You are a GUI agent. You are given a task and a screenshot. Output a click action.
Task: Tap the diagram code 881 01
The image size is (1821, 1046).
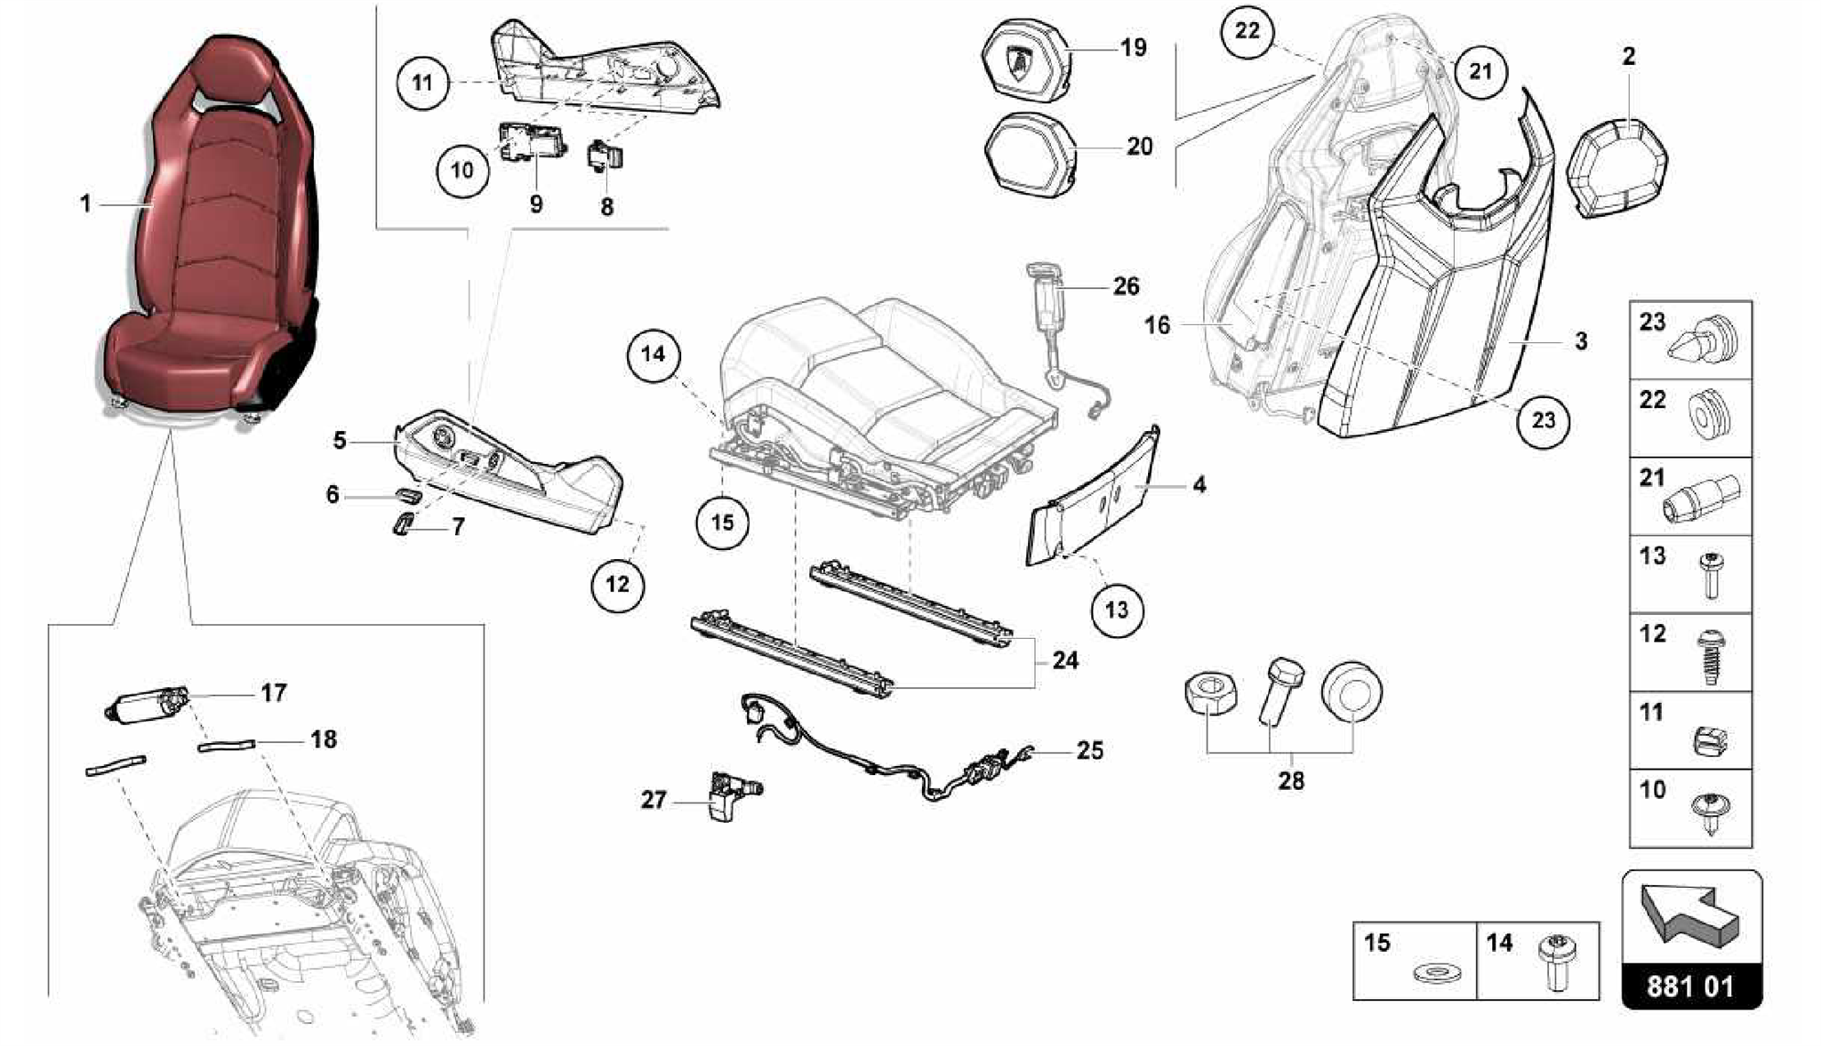(1690, 986)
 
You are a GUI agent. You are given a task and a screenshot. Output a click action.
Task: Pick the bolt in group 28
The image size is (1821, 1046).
(1277, 689)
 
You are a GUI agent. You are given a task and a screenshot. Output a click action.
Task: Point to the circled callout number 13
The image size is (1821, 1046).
(1117, 610)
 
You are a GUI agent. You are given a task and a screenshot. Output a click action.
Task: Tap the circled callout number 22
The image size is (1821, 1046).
(1247, 30)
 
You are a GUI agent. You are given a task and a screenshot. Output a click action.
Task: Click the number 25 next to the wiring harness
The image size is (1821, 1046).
(1089, 751)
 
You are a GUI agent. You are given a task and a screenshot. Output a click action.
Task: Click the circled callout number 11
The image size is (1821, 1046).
(422, 83)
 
